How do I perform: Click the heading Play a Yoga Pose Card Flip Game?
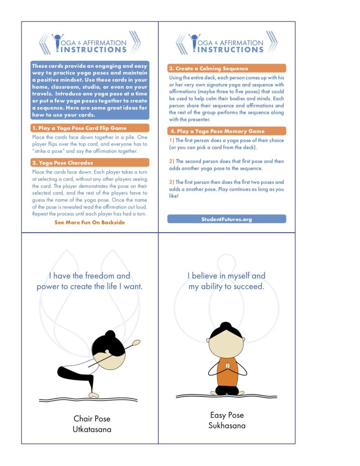79,128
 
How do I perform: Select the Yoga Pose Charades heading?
62,162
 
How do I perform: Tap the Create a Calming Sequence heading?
208,68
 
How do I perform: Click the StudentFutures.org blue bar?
227,219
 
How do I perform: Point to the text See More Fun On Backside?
90,223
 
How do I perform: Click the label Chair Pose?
92,419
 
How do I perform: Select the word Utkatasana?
92,429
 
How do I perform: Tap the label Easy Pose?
227,415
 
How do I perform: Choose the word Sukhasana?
227,425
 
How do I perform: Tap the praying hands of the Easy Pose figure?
226,367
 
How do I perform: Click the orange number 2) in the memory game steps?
172,161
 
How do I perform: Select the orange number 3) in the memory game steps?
172,182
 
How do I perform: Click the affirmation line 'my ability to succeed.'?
226,287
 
